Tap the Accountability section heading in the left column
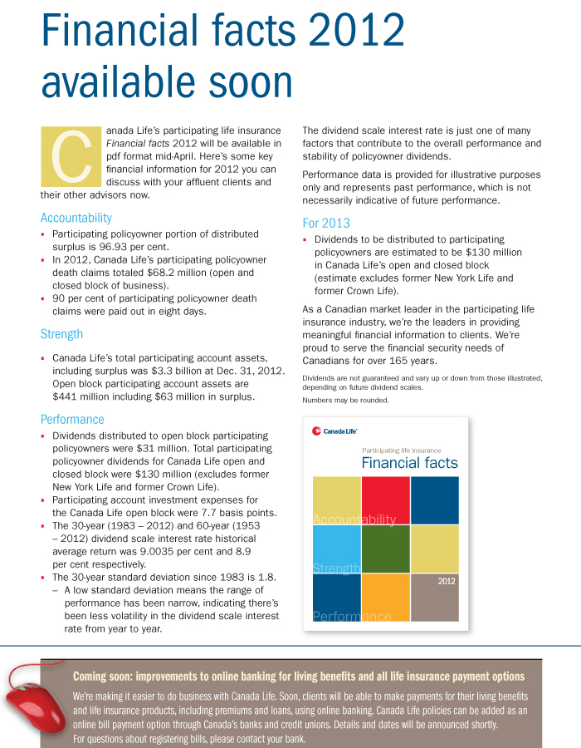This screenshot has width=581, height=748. [x=76, y=218]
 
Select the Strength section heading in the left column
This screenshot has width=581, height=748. [x=62, y=334]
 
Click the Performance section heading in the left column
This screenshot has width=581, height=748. [x=72, y=420]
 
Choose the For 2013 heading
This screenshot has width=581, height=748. [x=326, y=223]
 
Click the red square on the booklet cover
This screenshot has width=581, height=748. [x=386, y=499]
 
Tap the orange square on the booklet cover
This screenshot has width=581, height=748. [x=386, y=598]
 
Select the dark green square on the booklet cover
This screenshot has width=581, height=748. [x=386, y=549]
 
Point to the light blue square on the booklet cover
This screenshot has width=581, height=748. [x=337, y=549]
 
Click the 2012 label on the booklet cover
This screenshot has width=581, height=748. [x=447, y=581]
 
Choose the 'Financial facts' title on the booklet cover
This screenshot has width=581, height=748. [x=409, y=463]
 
